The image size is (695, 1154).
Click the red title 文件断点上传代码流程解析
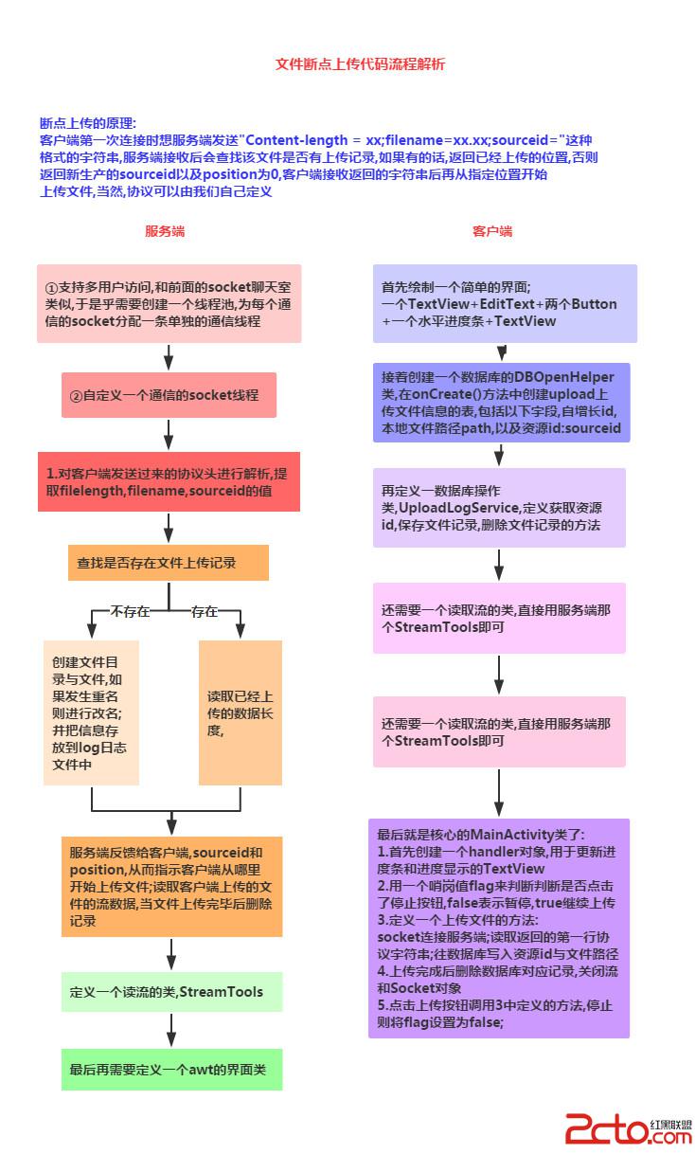(360, 64)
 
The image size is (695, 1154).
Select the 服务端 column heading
(165, 231)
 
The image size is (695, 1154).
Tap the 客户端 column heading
(492, 231)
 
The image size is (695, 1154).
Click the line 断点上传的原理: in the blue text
(88, 123)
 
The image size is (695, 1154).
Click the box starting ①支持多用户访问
(169, 303)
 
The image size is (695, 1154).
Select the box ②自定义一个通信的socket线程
(169, 395)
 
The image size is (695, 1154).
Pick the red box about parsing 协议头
(169, 481)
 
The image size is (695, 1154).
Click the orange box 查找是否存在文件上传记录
(169, 563)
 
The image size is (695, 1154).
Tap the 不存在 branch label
(130, 611)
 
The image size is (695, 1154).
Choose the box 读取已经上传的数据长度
(240, 712)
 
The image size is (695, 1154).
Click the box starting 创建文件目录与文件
(91, 712)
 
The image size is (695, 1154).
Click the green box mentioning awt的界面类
(170, 1070)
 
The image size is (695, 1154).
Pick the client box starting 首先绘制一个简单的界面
(503, 303)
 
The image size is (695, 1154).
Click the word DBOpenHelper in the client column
(564, 377)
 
